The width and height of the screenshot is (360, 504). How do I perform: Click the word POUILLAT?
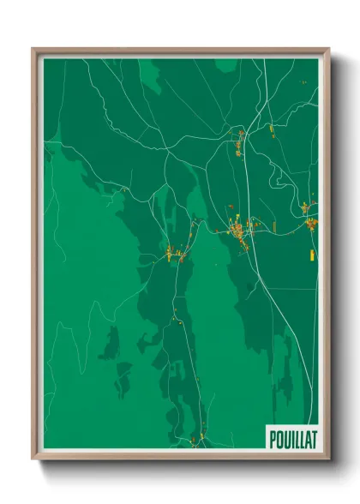click(292, 437)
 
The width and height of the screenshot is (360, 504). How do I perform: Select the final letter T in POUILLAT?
click(313, 437)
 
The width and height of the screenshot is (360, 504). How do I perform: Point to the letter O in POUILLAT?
click(279, 437)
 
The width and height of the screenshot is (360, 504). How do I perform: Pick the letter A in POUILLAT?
click(307, 437)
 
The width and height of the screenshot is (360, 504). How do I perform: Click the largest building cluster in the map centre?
click(240, 231)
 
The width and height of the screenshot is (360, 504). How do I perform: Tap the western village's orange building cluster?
click(175, 254)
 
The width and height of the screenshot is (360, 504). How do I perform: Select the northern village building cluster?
click(239, 144)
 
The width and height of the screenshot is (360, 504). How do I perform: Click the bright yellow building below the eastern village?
click(312, 255)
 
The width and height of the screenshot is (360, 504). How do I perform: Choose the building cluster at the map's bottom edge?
click(197, 441)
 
